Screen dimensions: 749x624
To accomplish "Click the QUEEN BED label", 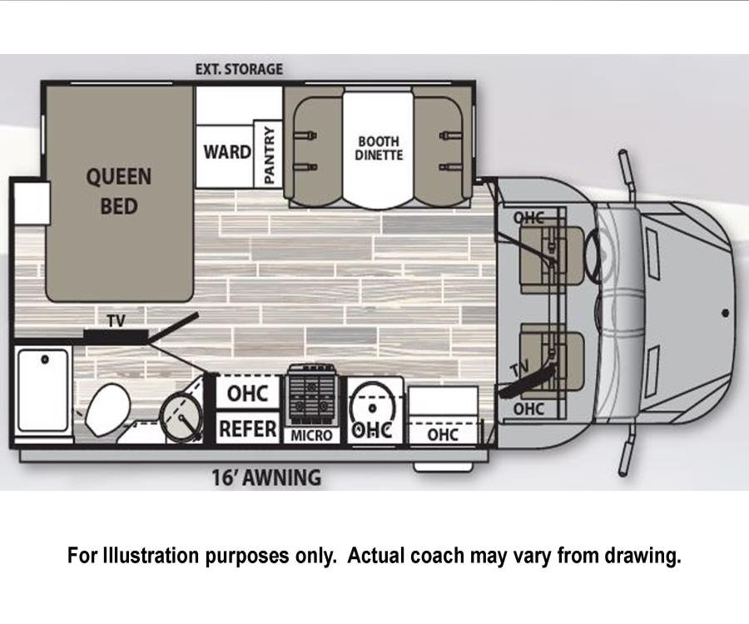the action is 119,191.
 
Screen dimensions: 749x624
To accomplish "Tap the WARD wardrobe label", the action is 227,151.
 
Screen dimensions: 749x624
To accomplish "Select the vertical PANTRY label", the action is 270,155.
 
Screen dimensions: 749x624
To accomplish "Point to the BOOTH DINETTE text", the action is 379,148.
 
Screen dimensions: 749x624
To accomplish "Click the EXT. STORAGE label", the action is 239,69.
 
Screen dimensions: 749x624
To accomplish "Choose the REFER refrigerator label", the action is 247,428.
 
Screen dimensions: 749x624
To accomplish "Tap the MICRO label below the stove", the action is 311,435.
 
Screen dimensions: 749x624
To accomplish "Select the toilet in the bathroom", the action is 108,409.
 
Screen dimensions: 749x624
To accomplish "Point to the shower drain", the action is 45,359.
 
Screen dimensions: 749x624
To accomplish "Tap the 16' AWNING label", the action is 266,478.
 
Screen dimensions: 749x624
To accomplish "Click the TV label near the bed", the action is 116,321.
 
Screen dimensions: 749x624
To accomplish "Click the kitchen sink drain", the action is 373,408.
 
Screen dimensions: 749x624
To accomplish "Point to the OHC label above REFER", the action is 247,394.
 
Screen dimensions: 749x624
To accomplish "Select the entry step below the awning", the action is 444,467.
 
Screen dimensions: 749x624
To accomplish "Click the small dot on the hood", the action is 725,313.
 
